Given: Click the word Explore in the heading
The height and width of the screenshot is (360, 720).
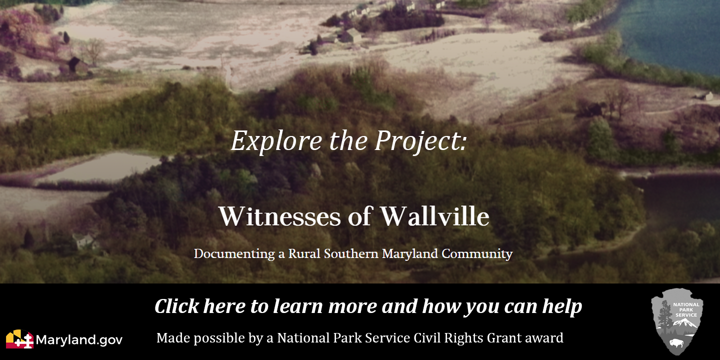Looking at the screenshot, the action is click(276, 141).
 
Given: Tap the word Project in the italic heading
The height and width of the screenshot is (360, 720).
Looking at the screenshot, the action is click(418, 141).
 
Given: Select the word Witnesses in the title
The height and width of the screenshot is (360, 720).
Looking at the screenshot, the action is click(279, 216).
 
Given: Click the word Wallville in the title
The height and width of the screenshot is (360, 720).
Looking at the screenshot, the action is click(435, 216).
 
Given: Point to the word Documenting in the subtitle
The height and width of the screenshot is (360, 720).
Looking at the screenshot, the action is click(234, 254).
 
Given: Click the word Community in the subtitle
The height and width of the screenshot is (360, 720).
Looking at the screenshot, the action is click(477, 254).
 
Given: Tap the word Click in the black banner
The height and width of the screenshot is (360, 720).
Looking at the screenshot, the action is click(177, 306).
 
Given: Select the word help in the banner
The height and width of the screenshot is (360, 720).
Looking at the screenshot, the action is click(562, 306).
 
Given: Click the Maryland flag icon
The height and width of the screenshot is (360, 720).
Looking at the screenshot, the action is click(19, 339).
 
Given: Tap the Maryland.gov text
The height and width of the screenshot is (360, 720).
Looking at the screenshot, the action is click(79, 340).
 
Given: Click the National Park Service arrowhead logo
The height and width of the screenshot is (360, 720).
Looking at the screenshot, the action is click(677, 321).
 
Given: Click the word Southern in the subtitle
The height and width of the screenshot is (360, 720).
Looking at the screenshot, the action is click(351, 254).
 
